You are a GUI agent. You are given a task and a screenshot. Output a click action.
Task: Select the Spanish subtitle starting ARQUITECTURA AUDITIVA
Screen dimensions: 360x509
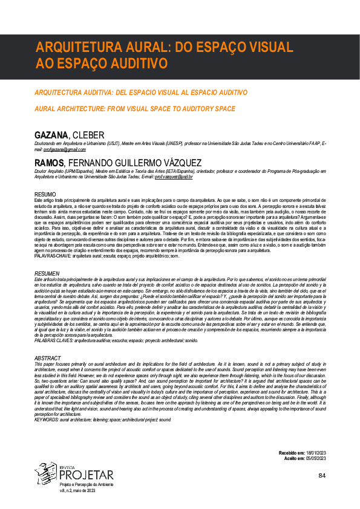(141, 92)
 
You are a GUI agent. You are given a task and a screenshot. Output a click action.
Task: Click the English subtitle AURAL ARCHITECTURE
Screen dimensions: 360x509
(135, 109)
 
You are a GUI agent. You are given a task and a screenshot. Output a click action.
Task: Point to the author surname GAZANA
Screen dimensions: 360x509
(52, 133)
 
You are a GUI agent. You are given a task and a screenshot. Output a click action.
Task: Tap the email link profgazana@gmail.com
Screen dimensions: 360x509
(62, 149)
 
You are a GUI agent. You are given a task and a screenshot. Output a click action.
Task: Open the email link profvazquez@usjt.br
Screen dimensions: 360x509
(174, 176)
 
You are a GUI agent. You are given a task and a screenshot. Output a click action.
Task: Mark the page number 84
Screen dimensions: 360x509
(321, 476)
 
